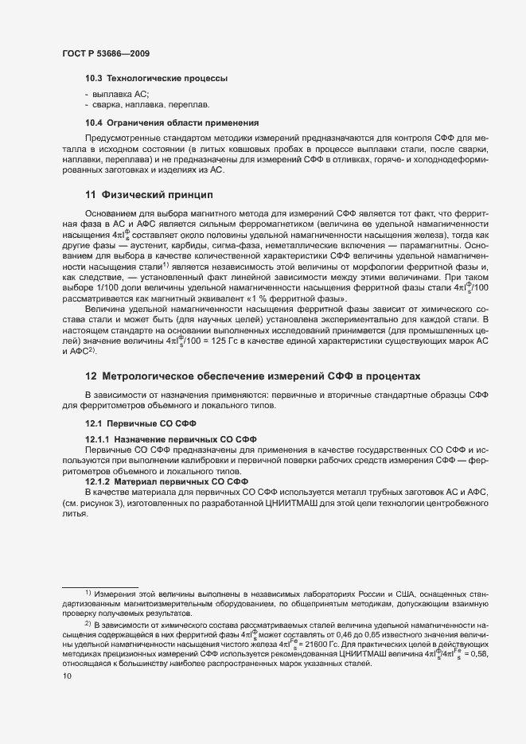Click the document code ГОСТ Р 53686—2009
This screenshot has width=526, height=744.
click(x=106, y=53)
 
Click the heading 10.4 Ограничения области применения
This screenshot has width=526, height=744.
click(x=172, y=123)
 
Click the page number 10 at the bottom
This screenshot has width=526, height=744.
click(x=67, y=676)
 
